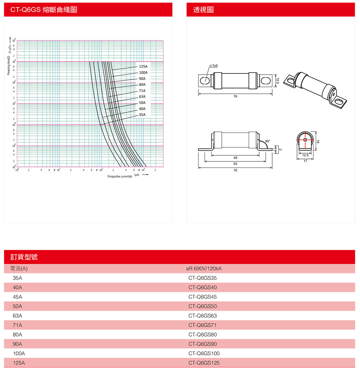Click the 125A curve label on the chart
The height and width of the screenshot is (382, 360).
143,67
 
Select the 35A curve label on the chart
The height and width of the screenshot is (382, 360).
142,115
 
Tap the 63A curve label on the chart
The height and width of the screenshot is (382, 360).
142,97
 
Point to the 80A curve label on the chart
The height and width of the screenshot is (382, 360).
142,85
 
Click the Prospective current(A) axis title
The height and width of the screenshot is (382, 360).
120,177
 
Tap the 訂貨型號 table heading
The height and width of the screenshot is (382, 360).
24,257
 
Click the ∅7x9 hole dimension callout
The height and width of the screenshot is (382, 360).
215,66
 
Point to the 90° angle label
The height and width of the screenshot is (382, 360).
267,141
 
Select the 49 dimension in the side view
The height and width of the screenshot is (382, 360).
235,158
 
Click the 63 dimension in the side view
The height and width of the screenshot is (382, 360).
235,164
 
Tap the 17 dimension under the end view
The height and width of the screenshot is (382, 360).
305,161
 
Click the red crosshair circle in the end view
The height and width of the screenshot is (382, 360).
305,139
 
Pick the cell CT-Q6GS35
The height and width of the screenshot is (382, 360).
202,278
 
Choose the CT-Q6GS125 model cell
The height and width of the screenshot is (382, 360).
204,363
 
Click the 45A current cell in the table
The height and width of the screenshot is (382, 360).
17,297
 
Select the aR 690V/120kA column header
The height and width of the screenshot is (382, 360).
204,269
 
